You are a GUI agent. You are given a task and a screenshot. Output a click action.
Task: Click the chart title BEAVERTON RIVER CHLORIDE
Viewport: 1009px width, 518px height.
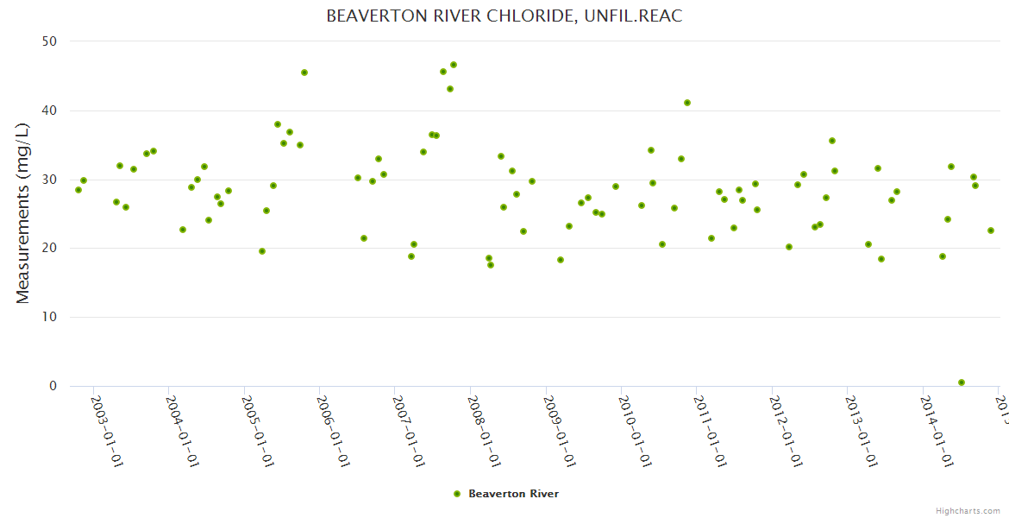click(504, 16)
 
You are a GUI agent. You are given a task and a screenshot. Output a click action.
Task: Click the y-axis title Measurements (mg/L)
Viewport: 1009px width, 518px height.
click(23, 212)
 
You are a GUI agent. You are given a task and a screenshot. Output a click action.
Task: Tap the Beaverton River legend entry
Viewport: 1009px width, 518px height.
click(513, 494)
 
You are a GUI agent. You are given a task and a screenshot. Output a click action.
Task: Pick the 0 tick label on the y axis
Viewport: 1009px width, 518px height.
click(53, 386)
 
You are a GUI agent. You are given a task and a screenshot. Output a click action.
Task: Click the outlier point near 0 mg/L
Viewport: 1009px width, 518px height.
click(961, 382)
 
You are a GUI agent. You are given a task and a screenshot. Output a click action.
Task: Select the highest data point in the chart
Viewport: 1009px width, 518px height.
click(454, 65)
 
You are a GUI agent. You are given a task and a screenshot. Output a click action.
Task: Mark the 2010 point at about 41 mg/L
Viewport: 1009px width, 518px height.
click(687, 103)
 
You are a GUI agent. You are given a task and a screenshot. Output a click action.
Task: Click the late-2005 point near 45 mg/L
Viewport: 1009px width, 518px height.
click(304, 73)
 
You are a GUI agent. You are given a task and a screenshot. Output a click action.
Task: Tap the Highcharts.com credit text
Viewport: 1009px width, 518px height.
click(968, 511)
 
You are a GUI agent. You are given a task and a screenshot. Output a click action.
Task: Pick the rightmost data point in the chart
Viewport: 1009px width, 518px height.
click(991, 231)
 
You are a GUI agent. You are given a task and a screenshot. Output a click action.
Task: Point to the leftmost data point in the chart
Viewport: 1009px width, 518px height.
click(78, 190)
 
